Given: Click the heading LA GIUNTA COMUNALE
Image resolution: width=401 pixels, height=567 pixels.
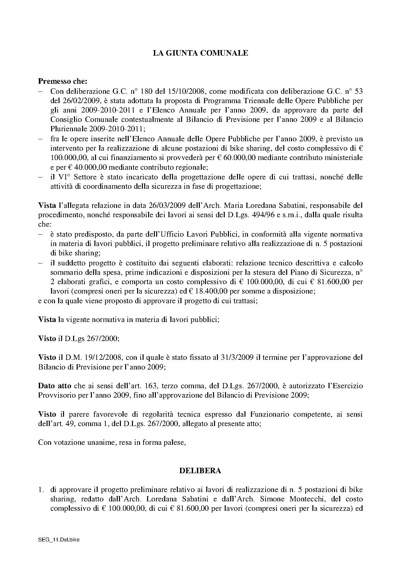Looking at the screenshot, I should pyautogui.click(x=200, y=53).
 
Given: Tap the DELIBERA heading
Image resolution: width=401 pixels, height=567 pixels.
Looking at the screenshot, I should pyautogui.click(x=200, y=471).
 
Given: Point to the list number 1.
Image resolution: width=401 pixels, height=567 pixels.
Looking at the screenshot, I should pyautogui.click(x=41, y=490).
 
